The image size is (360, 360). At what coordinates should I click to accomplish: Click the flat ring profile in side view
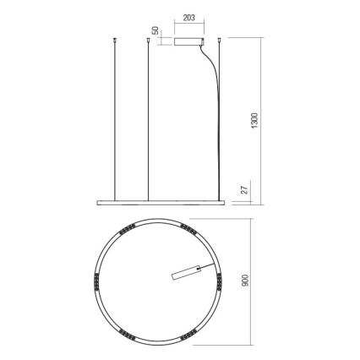161,200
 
